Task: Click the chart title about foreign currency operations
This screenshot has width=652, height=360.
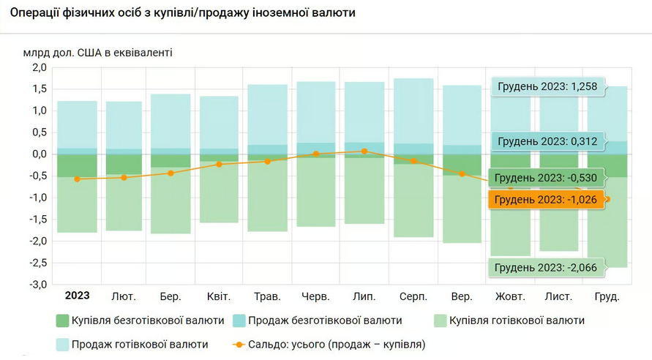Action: point(183,13)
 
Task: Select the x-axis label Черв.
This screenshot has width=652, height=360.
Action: point(316,296)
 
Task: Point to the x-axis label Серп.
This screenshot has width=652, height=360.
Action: point(413,296)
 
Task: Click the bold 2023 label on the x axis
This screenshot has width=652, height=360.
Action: point(77,296)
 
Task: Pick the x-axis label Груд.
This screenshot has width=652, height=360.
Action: point(606,296)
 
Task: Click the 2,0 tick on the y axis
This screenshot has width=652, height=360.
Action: point(39,67)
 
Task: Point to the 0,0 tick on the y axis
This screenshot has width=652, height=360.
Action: point(39,154)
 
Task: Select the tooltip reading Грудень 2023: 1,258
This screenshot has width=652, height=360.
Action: point(547,87)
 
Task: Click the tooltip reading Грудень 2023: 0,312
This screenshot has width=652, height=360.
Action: point(547,141)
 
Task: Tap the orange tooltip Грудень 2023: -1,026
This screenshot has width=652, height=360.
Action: point(546,200)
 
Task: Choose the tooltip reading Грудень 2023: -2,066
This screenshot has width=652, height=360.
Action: point(546,268)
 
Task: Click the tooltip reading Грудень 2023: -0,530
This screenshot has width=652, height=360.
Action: point(546,178)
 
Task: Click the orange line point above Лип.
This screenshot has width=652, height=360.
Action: point(364,151)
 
